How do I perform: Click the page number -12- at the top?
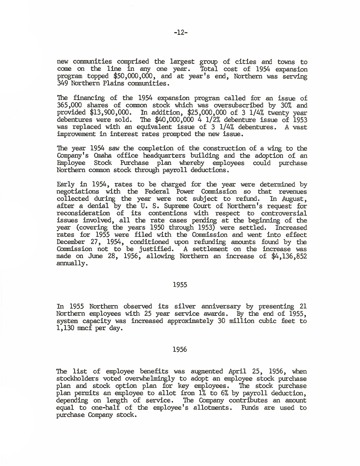click(180, 33)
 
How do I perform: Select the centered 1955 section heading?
click(180, 284)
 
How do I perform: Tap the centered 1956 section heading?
click(180, 350)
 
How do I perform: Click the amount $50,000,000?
click(133, 76)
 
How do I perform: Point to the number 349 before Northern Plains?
click(63, 83)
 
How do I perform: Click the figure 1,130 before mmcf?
click(66, 328)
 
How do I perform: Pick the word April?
click(237, 372)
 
